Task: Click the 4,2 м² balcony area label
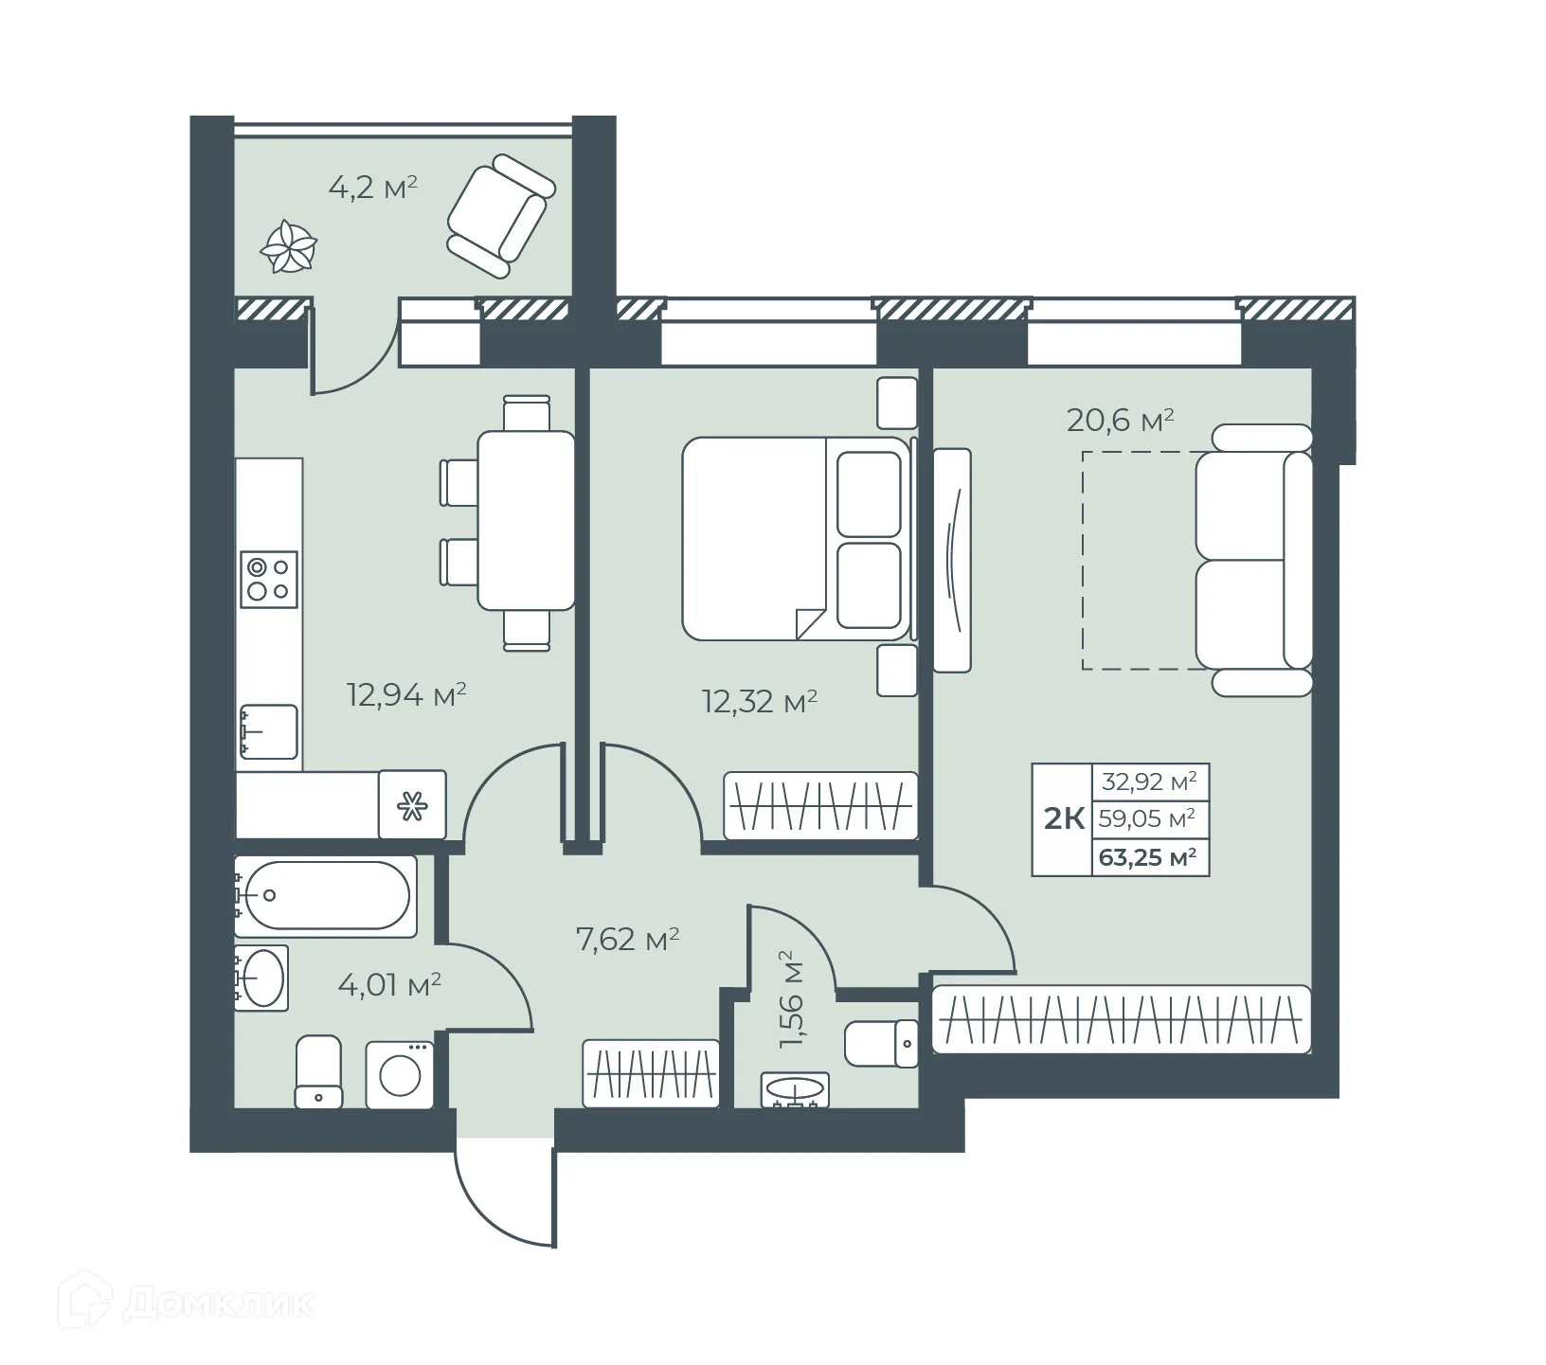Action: (x=372, y=188)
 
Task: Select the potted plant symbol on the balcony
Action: (x=289, y=247)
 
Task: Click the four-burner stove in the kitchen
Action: (x=269, y=579)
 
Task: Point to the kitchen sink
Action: (x=269, y=731)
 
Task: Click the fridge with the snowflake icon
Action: (x=412, y=805)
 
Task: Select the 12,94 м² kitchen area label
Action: (x=406, y=696)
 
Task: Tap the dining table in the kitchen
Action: (x=526, y=520)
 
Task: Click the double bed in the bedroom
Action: (x=794, y=537)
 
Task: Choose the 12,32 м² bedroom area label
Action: (x=759, y=702)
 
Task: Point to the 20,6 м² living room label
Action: (x=1120, y=420)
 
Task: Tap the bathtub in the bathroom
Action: (x=324, y=895)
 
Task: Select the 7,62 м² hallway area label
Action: (x=627, y=941)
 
